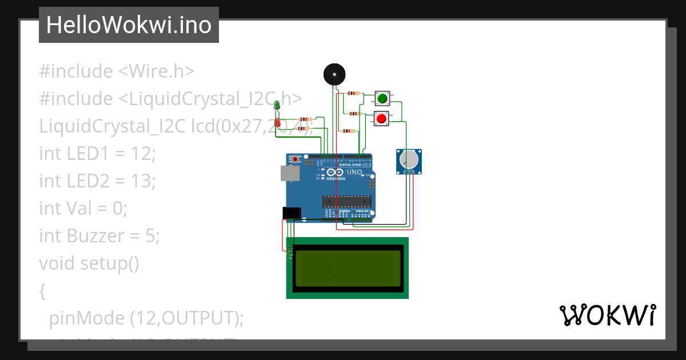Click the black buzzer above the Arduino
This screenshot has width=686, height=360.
tap(334, 74)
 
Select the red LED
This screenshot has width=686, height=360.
tap(277, 122)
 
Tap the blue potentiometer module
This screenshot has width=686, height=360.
tap(409, 161)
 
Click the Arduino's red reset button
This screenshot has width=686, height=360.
tap(296, 159)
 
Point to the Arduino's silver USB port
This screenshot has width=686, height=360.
tap(290, 174)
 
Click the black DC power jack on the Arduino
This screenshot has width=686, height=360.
tap(292, 213)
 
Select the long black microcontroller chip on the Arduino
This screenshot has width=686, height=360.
tap(346, 201)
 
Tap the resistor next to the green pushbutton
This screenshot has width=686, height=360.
tap(354, 93)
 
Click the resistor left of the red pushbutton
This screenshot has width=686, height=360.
tap(354, 114)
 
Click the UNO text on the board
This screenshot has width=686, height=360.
tap(354, 172)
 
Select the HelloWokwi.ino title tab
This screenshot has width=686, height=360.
tap(129, 25)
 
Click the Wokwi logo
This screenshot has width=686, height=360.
tap(607, 315)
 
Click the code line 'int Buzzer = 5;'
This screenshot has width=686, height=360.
tap(99, 235)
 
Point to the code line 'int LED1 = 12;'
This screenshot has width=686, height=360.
tap(97, 154)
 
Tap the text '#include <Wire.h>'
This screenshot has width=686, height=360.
tap(117, 71)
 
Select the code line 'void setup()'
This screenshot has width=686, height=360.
tap(89, 263)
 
